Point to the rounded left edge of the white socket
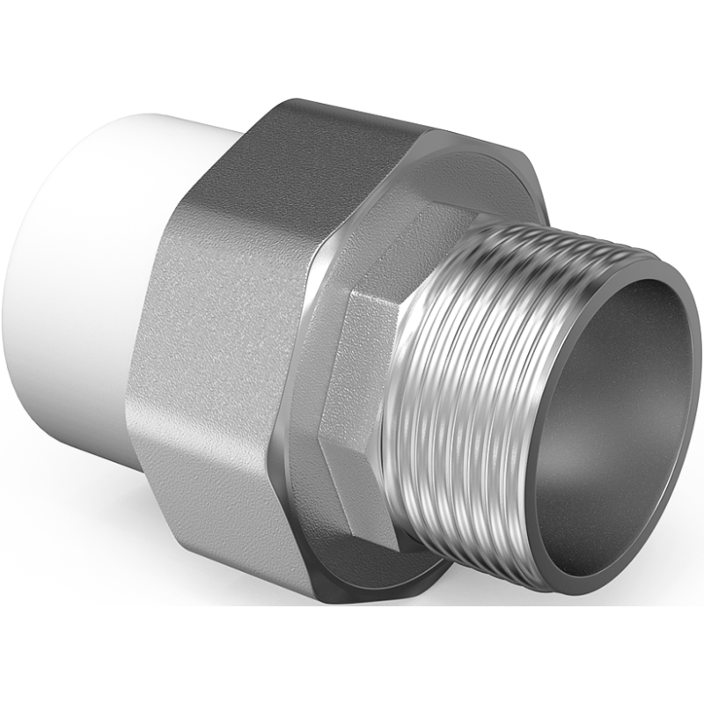click(x=26, y=264)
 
